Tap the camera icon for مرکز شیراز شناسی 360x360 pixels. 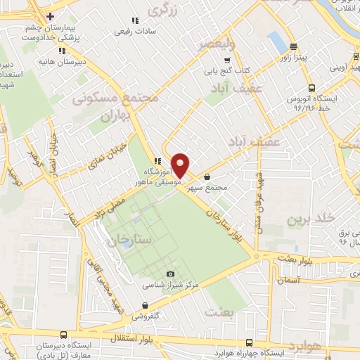169,274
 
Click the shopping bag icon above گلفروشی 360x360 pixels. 145,305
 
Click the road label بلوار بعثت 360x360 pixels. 289,259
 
